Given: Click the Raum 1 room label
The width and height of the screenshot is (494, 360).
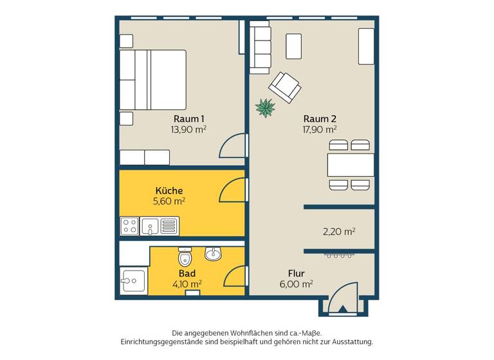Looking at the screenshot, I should (188, 118).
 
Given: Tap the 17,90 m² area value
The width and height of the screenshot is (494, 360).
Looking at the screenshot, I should (320, 129).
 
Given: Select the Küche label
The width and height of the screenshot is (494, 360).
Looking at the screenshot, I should (169, 190).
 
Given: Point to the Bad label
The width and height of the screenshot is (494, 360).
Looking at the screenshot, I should (187, 272).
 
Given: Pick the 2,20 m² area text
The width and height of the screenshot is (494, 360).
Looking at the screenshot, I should (339, 231).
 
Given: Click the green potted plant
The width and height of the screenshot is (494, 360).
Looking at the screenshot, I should (265, 107).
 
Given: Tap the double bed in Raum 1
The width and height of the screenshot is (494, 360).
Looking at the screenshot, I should (153, 80).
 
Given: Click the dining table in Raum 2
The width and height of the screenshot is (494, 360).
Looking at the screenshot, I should (351, 165).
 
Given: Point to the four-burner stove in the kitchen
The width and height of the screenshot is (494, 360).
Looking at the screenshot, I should (129, 226).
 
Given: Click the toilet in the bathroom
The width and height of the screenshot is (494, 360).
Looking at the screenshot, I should (185, 258).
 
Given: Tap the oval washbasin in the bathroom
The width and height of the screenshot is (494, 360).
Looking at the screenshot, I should (214, 254).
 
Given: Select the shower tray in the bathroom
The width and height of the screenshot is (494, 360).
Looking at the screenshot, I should (133, 282).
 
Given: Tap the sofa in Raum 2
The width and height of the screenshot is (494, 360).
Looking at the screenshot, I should (260, 46).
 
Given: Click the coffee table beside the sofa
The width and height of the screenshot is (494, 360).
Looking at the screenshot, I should (294, 46).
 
